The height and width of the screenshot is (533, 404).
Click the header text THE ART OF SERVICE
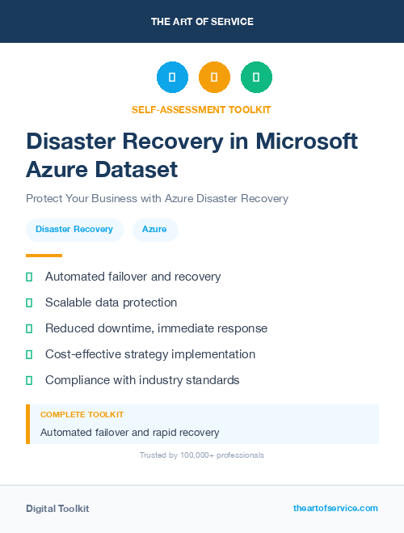coord(202,22)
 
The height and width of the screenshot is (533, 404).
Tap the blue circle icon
coord(172,78)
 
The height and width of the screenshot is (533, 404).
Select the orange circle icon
coord(214,78)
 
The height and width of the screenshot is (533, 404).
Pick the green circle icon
coord(256,78)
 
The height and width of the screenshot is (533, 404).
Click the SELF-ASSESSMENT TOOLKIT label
coord(201,109)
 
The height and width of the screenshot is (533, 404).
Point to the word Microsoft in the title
coord(306,141)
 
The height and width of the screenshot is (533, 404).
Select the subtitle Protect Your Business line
coord(157,198)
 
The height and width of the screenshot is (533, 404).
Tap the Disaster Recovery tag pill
coord(74,230)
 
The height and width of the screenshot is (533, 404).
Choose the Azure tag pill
coord(154,230)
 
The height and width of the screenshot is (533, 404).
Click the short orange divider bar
coord(44,256)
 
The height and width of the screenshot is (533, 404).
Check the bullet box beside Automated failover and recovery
coord(29,277)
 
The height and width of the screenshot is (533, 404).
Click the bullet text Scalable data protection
coord(111,302)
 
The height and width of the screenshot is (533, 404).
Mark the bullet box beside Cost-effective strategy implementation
coord(29,354)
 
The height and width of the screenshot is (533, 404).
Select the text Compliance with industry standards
coord(142,380)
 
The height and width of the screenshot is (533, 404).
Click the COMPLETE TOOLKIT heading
coord(82,415)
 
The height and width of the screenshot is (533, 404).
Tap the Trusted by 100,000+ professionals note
coord(202,455)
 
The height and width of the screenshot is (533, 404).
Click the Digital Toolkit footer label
coord(57,509)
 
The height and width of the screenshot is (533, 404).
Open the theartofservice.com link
coord(335,508)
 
